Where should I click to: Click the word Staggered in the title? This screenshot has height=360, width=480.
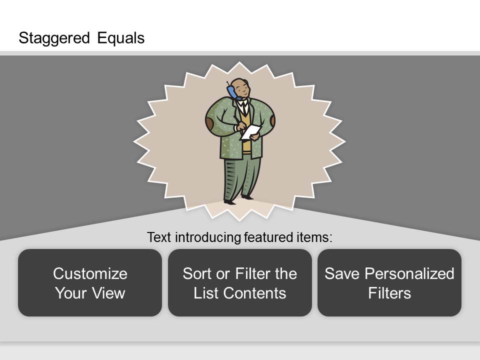pyautogui.click(x=54, y=38)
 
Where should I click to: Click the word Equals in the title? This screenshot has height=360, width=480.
pyautogui.click(x=121, y=38)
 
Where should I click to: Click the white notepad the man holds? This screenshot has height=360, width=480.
pyautogui.click(x=250, y=132)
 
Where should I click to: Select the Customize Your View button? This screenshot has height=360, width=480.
pyautogui.click(x=90, y=282)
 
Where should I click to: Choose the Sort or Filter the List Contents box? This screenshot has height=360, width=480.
pyautogui.click(x=239, y=282)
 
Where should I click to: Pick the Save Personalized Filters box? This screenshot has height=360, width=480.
pyautogui.click(x=389, y=282)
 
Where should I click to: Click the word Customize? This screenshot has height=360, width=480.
pyautogui.click(x=90, y=273)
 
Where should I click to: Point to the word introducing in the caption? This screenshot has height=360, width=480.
pyautogui.click(x=208, y=237)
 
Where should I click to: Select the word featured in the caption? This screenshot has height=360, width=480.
pyautogui.click(x=268, y=237)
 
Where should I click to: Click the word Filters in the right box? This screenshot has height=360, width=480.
pyautogui.click(x=389, y=293)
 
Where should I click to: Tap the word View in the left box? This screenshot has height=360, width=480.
pyautogui.click(x=108, y=293)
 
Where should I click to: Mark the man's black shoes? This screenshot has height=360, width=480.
pyautogui.click(x=238, y=199)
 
